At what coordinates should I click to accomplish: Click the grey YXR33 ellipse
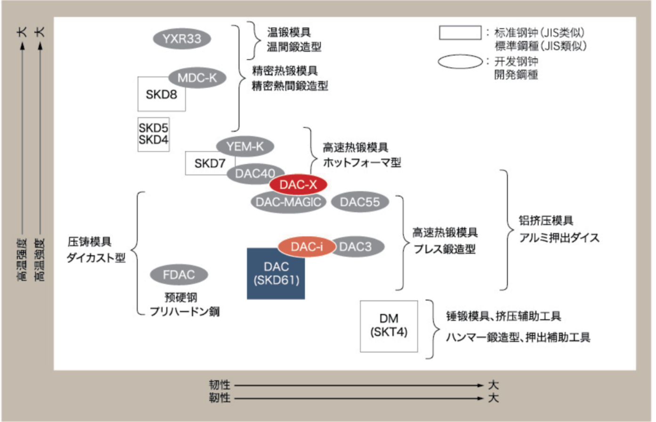click(x=182, y=39)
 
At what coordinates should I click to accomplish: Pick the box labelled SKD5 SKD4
click(x=153, y=134)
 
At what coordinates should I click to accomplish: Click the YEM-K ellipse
click(x=245, y=146)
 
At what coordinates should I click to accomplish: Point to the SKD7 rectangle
click(x=207, y=164)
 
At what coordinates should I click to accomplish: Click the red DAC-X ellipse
click(x=298, y=185)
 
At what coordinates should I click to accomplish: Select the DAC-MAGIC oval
click(x=288, y=202)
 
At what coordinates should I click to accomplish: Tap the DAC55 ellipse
click(x=360, y=202)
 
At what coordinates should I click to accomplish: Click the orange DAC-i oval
click(x=307, y=246)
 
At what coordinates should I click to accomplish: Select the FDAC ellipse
click(x=178, y=275)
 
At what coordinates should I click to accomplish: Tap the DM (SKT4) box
click(x=389, y=326)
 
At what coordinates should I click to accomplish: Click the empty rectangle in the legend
click(x=460, y=32)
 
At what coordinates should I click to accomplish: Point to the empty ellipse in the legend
click(x=460, y=62)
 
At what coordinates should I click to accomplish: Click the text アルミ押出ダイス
click(x=559, y=238)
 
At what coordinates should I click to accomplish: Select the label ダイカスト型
click(x=97, y=258)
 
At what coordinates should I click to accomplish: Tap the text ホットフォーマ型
click(x=362, y=163)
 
